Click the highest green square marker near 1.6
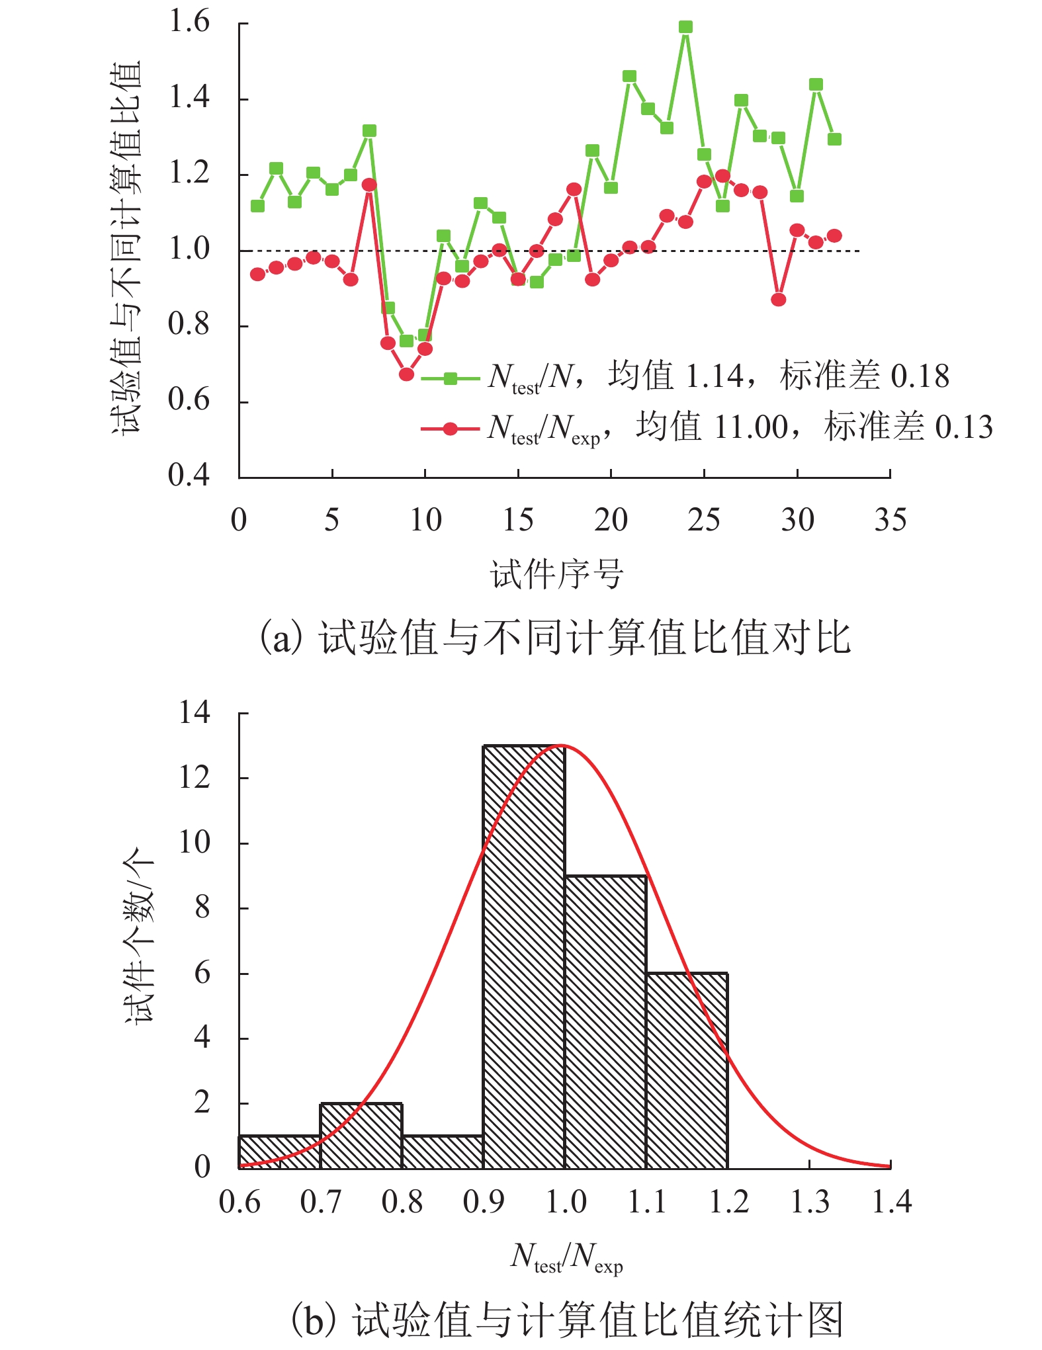coord(685,27)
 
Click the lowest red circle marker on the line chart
coord(406,374)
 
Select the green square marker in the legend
coord(451,378)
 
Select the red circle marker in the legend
coord(451,429)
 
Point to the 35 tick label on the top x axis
coord(890,521)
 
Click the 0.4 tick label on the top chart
coord(189,475)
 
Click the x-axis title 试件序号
coord(557,573)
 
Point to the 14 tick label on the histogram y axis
coord(195,713)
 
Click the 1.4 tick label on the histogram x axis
coord(891,1202)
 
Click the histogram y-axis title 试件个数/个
coord(139,935)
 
